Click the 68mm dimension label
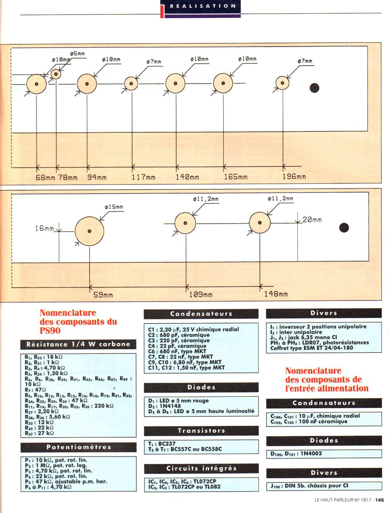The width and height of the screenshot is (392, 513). point(45,178)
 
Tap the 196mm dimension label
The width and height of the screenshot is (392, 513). point(294,177)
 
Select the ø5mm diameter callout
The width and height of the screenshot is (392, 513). point(77,54)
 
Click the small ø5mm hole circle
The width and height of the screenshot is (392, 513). point(56,74)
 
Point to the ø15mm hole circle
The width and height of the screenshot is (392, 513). point(89,231)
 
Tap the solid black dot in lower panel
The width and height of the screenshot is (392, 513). point(344,227)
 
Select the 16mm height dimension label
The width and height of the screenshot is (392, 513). point(44,228)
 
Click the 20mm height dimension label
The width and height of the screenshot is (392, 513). point(312,220)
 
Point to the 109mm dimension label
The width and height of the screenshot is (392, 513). point(201,294)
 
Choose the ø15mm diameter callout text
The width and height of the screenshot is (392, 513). point(114,207)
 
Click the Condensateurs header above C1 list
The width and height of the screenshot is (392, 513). point(201,314)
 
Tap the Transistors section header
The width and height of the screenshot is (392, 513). point(201,431)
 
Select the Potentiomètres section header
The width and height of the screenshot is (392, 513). point(78,447)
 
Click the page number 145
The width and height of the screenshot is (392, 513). point(379,500)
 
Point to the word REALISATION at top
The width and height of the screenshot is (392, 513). point(203,6)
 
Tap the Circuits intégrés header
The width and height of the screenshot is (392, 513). point(201,468)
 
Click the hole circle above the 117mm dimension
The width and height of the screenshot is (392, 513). point(131,83)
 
